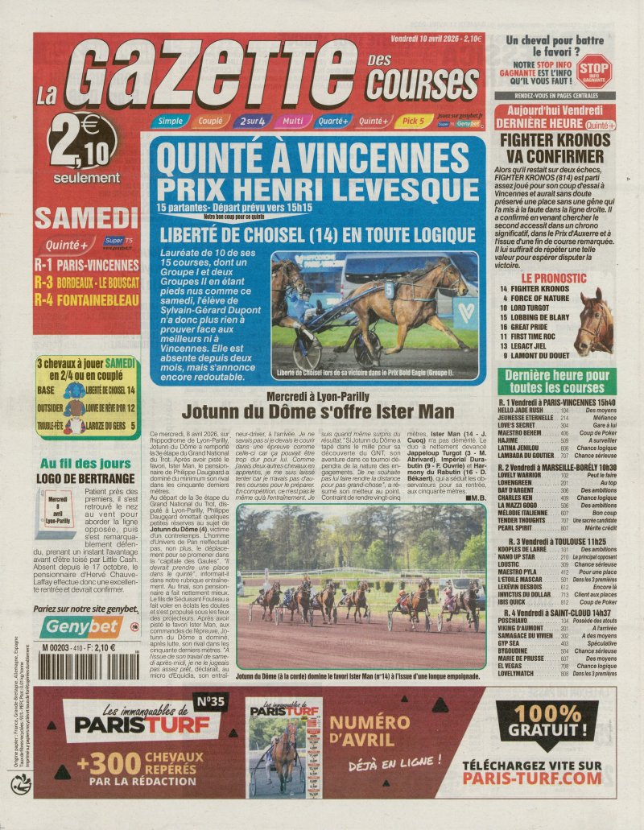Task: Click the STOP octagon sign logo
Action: [x=594, y=70]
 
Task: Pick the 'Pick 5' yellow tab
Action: [x=413, y=122]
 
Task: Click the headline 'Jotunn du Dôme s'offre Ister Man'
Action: [x=317, y=411]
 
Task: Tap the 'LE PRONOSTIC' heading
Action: [x=531, y=276]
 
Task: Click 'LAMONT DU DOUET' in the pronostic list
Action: [x=539, y=354]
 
